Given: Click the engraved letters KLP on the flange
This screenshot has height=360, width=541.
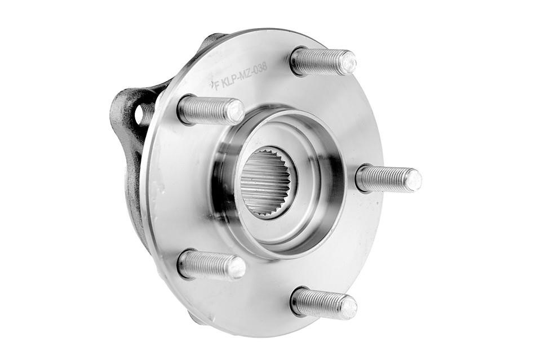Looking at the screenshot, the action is (230, 79).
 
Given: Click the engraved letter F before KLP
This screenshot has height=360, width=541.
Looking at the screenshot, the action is (217, 85).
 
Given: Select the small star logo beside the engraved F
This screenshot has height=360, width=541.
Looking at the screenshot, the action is (211, 84).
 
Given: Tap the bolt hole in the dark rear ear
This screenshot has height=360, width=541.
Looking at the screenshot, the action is (141, 114).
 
